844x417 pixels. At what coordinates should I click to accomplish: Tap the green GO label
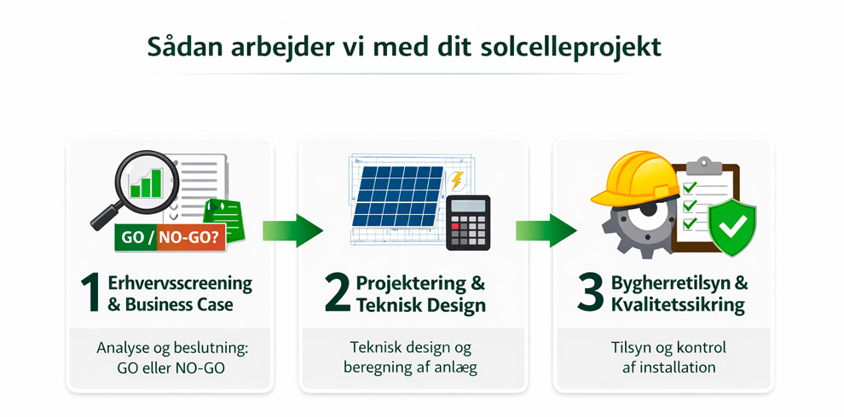coord(132,238)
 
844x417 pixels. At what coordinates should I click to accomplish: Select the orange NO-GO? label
coord(191,238)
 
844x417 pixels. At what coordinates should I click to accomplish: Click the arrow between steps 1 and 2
coord(290,230)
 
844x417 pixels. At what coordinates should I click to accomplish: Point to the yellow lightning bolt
coord(458,181)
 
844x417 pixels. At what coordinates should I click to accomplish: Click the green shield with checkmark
coord(732,224)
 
